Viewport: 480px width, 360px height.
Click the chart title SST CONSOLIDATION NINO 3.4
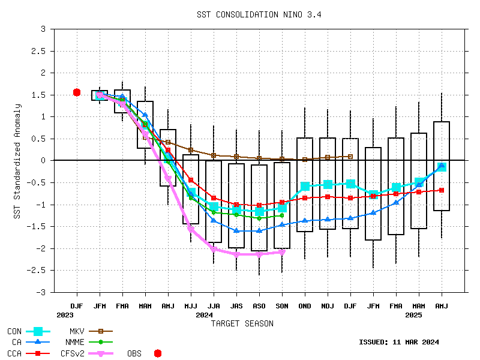point(259,14)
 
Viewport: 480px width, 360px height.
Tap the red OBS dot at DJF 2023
point(77,92)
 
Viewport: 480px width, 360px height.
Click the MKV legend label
point(76,331)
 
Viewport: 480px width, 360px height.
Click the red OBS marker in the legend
point(158,353)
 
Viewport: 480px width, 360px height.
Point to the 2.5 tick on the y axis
point(40,51)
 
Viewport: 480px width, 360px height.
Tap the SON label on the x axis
point(282,305)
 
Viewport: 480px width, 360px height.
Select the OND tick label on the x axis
point(305,305)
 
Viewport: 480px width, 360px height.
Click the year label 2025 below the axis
point(413,314)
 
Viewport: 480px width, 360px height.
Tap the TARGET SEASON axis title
point(242,323)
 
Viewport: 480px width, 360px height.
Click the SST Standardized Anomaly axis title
point(19,161)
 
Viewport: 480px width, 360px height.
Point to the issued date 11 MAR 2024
point(399,342)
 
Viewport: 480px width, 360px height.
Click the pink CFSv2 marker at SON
point(282,252)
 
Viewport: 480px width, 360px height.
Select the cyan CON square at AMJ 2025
point(442,167)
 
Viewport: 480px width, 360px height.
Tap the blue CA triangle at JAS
point(236,230)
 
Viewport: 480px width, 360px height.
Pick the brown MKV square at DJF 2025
point(350,157)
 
